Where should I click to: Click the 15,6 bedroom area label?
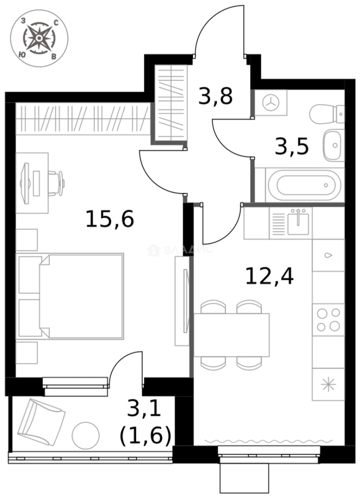[109, 219]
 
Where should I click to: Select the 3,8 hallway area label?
[215, 96]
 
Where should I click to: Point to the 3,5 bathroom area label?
[292, 147]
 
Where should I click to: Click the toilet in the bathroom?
[327, 113]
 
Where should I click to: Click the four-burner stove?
[328, 320]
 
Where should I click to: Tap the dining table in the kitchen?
[231, 335]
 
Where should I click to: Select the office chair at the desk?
[55, 183]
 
